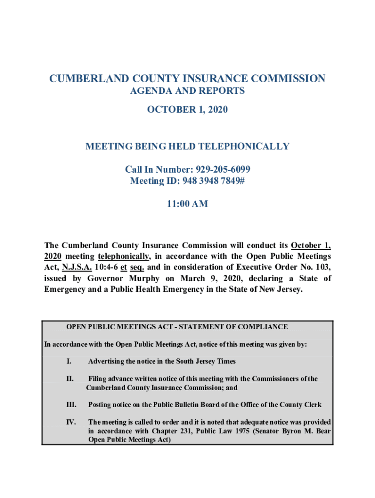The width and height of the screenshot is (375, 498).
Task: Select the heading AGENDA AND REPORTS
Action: pyautogui.click(x=187, y=91)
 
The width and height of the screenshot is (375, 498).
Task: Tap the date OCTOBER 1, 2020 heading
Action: pyautogui.click(x=187, y=110)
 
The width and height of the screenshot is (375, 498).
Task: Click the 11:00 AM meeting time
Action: pyautogui.click(x=187, y=204)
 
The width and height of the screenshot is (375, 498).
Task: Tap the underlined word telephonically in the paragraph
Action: pyautogui.click(x=124, y=256)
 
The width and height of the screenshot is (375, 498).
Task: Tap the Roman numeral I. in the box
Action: pyautogui.click(x=69, y=361)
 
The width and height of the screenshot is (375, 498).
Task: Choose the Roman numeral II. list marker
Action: pyautogui.click(x=70, y=379)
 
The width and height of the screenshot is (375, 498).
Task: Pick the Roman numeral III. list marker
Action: pyautogui.click(x=71, y=405)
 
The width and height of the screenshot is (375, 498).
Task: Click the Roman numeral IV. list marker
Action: pyautogui.click(x=71, y=422)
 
